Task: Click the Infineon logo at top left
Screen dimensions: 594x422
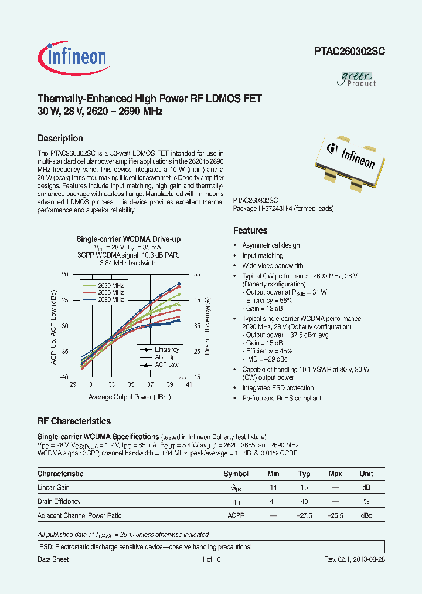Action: point(73,58)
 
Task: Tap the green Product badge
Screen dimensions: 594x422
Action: point(358,79)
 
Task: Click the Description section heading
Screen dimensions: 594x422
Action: point(60,139)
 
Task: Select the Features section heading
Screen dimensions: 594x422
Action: point(250,231)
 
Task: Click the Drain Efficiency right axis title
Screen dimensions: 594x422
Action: point(207,325)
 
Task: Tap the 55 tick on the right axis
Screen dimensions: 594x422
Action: point(197,274)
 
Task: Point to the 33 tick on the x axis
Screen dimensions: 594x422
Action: point(111,384)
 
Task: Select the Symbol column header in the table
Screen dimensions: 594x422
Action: point(236,474)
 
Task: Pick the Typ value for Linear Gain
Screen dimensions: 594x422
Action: point(304,488)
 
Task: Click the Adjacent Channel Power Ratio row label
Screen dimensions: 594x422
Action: point(80,515)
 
